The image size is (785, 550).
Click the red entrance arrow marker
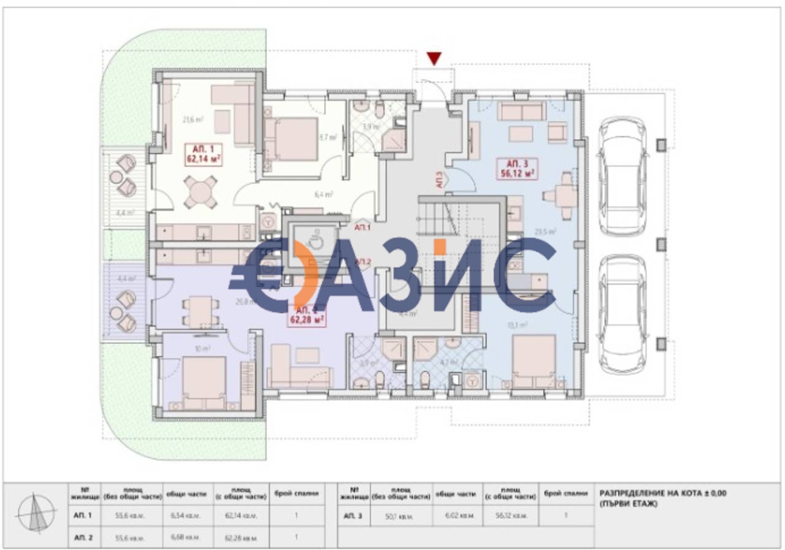point(434,59)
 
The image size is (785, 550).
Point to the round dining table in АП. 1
point(201,193)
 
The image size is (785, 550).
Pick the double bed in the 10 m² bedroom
point(204,382)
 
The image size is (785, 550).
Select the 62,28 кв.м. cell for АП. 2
point(241,538)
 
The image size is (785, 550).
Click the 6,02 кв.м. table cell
point(455,516)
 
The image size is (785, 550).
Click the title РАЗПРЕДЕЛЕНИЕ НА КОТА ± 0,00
point(662,493)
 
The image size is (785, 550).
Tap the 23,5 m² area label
point(545,232)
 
